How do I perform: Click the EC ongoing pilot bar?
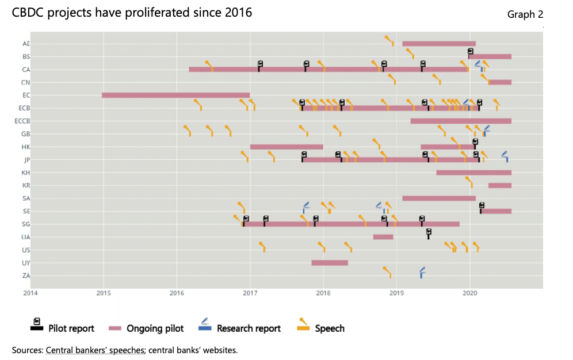[x=175, y=95]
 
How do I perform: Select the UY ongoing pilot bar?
[x=330, y=263]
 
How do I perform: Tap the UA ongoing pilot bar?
[x=383, y=237]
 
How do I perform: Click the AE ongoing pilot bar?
[x=439, y=44]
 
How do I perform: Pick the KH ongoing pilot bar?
[x=473, y=173]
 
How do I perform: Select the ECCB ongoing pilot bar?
[x=461, y=121]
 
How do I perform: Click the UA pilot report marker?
[x=429, y=233]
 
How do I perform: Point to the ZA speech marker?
[x=388, y=271]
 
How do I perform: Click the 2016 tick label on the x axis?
[x=177, y=293]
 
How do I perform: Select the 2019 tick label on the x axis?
[x=396, y=293]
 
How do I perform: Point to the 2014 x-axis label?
[x=30, y=293]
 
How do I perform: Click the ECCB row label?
[x=22, y=121]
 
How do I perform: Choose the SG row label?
[x=26, y=224]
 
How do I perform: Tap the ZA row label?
[x=26, y=275]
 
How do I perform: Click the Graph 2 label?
[x=525, y=14]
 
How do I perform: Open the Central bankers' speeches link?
[x=95, y=350]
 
